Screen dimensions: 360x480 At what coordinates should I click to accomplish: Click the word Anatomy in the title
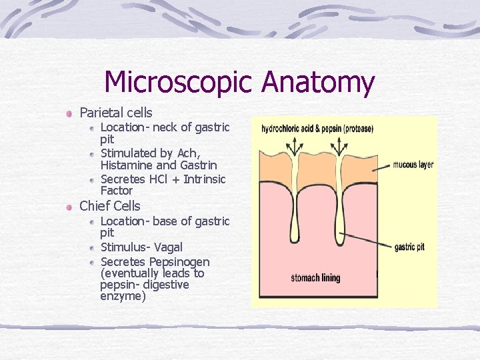pyautogui.click(x=318, y=83)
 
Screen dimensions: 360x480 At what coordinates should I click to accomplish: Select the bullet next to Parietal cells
pyautogui.click(x=69, y=113)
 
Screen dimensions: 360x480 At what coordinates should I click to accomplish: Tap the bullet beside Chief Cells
pyautogui.click(x=69, y=207)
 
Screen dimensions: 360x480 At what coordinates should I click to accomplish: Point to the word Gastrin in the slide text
pyautogui.click(x=199, y=165)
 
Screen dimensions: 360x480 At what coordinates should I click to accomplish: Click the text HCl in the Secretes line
pyautogui.click(x=163, y=179)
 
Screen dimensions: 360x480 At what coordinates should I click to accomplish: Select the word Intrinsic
pyautogui.click(x=205, y=179)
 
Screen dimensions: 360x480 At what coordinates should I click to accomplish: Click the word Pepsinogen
pyautogui.click(x=179, y=261)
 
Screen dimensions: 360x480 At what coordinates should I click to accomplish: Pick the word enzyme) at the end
pyautogui.click(x=123, y=296)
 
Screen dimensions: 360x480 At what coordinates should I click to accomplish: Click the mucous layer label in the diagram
pyautogui.click(x=413, y=165)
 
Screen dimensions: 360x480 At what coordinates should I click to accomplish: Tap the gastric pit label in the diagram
pyautogui.click(x=409, y=247)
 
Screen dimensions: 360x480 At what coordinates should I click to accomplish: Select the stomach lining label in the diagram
pyautogui.click(x=315, y=277)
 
